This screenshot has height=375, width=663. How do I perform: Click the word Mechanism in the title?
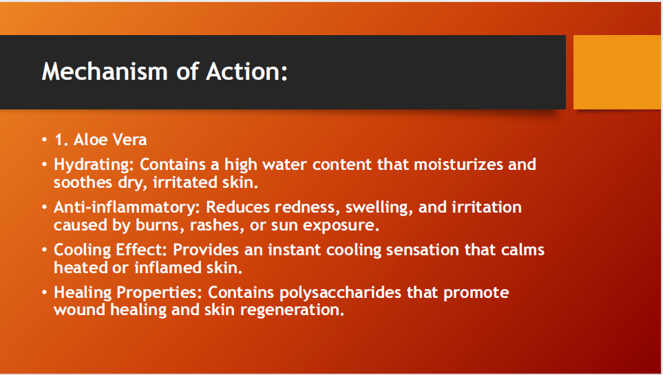105,71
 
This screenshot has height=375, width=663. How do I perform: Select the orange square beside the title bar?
617,72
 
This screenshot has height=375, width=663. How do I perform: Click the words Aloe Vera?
110,140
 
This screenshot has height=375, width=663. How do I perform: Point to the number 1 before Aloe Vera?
59,140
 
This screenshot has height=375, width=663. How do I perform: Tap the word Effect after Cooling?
140,250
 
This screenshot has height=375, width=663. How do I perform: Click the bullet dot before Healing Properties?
45,292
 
